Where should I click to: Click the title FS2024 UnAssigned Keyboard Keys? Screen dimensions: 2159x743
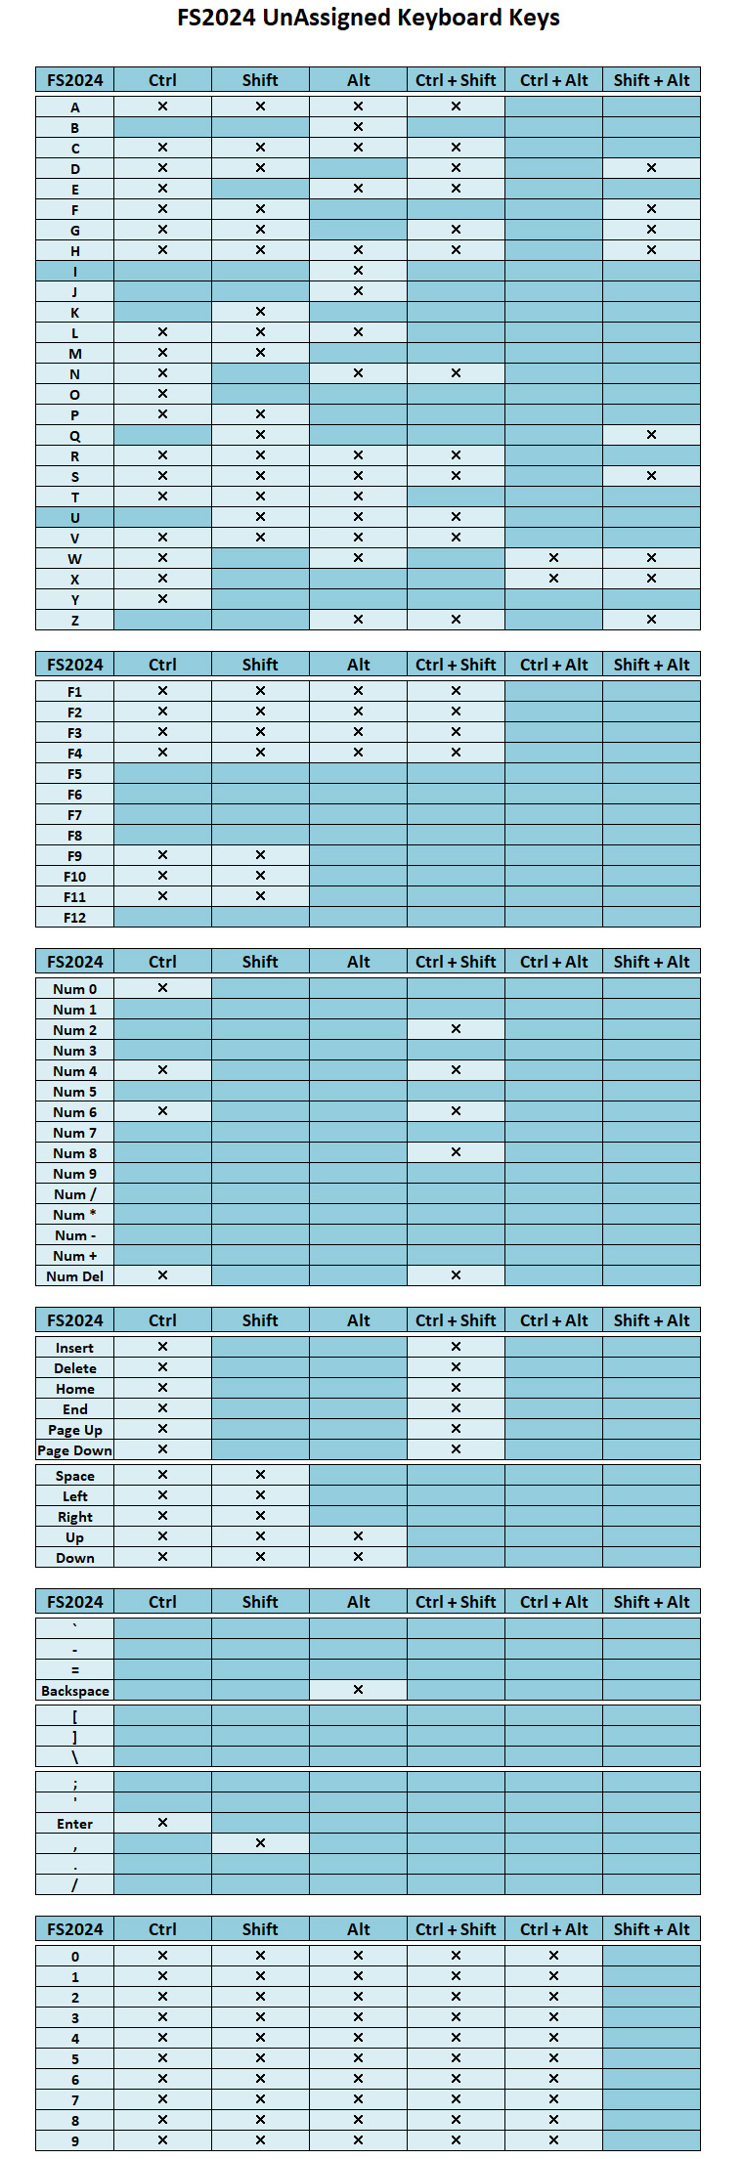pos(369,18)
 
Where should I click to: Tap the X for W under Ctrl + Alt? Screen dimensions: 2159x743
pos(553,558)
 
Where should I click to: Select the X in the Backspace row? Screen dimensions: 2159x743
pos(358,1689)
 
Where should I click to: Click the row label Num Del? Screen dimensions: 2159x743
pos(74,1275)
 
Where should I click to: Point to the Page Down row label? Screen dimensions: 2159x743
pos(74,1450)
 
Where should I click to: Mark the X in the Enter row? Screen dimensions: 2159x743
pos(162,1822)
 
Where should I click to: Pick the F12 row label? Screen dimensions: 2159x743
pos(74,918)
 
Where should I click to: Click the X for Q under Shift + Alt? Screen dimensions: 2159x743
pos(651,435)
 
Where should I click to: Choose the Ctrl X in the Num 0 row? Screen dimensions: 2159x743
pos(162,988)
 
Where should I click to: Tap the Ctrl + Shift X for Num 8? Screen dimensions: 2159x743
pos(456,1152)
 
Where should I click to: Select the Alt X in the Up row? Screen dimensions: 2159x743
pos(358,1536)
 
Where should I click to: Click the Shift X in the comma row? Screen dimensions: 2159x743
pos(260,1842)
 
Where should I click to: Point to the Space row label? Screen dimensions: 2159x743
pos(74,1476)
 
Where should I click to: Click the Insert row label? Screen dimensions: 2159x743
pos(74,1348)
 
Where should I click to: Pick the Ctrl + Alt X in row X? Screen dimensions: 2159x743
pos(553,579)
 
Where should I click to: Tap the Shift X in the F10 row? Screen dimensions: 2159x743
pos(260,876)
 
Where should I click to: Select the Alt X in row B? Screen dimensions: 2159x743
pos(358,127)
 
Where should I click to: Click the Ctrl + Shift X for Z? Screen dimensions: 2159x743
pos(456,620)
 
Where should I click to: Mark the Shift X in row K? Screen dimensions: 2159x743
pos(260,312)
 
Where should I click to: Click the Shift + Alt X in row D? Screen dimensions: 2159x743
pos(651,168)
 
